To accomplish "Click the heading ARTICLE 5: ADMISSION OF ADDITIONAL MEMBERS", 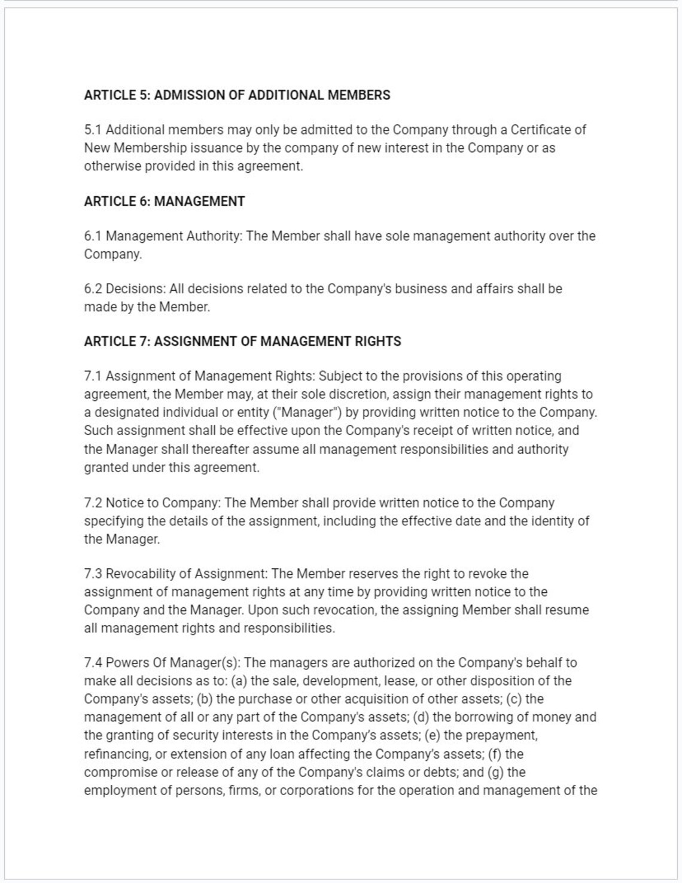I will (237, 95).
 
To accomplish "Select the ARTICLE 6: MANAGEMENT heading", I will (165, 202).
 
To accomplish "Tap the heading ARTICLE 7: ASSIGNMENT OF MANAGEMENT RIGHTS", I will (242, 342).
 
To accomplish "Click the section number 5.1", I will (93, 130).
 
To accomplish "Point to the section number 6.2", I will (94, 289).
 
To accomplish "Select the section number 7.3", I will (94, 574).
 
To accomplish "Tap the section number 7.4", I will (94, 663).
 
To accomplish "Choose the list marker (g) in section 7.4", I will (495, 772).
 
